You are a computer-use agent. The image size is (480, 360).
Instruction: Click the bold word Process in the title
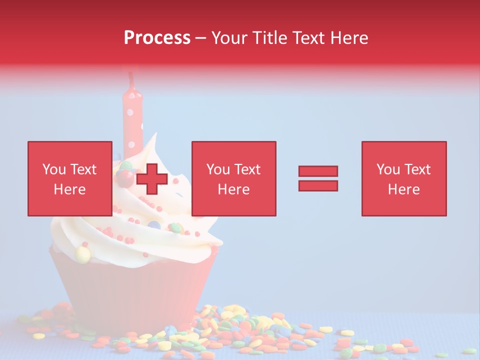click(x=157, y=38)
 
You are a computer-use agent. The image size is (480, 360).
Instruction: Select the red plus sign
click(x=151, y=178)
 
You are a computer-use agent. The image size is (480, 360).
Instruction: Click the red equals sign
click(x=318, y=178)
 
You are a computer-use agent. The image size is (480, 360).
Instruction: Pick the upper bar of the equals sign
click(x=318, y=171)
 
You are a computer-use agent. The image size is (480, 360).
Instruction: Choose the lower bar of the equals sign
click(x=318, y=185)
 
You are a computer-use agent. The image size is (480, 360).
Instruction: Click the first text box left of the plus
click(x=69, y=178)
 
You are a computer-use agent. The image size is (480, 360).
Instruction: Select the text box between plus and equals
click(x=233, y=178)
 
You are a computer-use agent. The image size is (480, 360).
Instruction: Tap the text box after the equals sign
click(x=403, y=178)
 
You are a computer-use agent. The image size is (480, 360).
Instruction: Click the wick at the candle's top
click(x=131, y=79)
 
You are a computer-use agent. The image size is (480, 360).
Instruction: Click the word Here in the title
click(x=348, y=38)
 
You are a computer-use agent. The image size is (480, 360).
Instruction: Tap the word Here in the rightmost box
click(x=403, y=189)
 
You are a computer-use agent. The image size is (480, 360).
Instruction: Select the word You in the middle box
click(x=218, y=169)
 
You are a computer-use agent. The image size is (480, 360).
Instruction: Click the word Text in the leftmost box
click(x=83, y=169)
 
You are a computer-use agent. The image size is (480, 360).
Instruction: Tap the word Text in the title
click(x=309, y=38)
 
